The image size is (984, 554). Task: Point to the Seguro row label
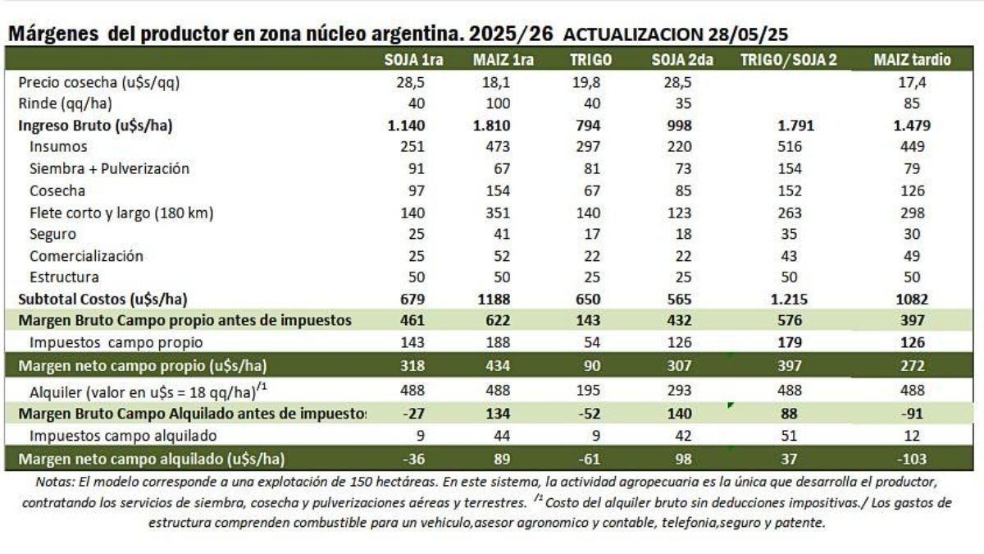point(52,234)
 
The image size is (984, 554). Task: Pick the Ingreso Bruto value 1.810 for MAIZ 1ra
point(492,125)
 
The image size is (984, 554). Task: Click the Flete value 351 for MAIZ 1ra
point(497,212)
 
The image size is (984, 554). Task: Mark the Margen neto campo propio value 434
point(497,364)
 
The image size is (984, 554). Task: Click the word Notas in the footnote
point(53,481)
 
